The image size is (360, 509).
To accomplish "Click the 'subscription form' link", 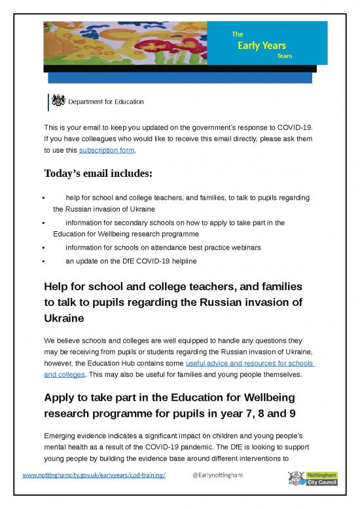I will pos(107,150).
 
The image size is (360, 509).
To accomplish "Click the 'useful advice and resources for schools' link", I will pos(250,363).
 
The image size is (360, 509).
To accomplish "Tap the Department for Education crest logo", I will pos(59,101).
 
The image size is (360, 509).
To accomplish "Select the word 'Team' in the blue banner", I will pos(284,56).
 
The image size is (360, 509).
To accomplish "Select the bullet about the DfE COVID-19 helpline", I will pos(131,261).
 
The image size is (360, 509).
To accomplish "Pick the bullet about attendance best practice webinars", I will pos(163,247).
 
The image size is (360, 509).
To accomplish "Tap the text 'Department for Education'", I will pos(106,102).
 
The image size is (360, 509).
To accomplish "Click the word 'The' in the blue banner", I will pos(237,33).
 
